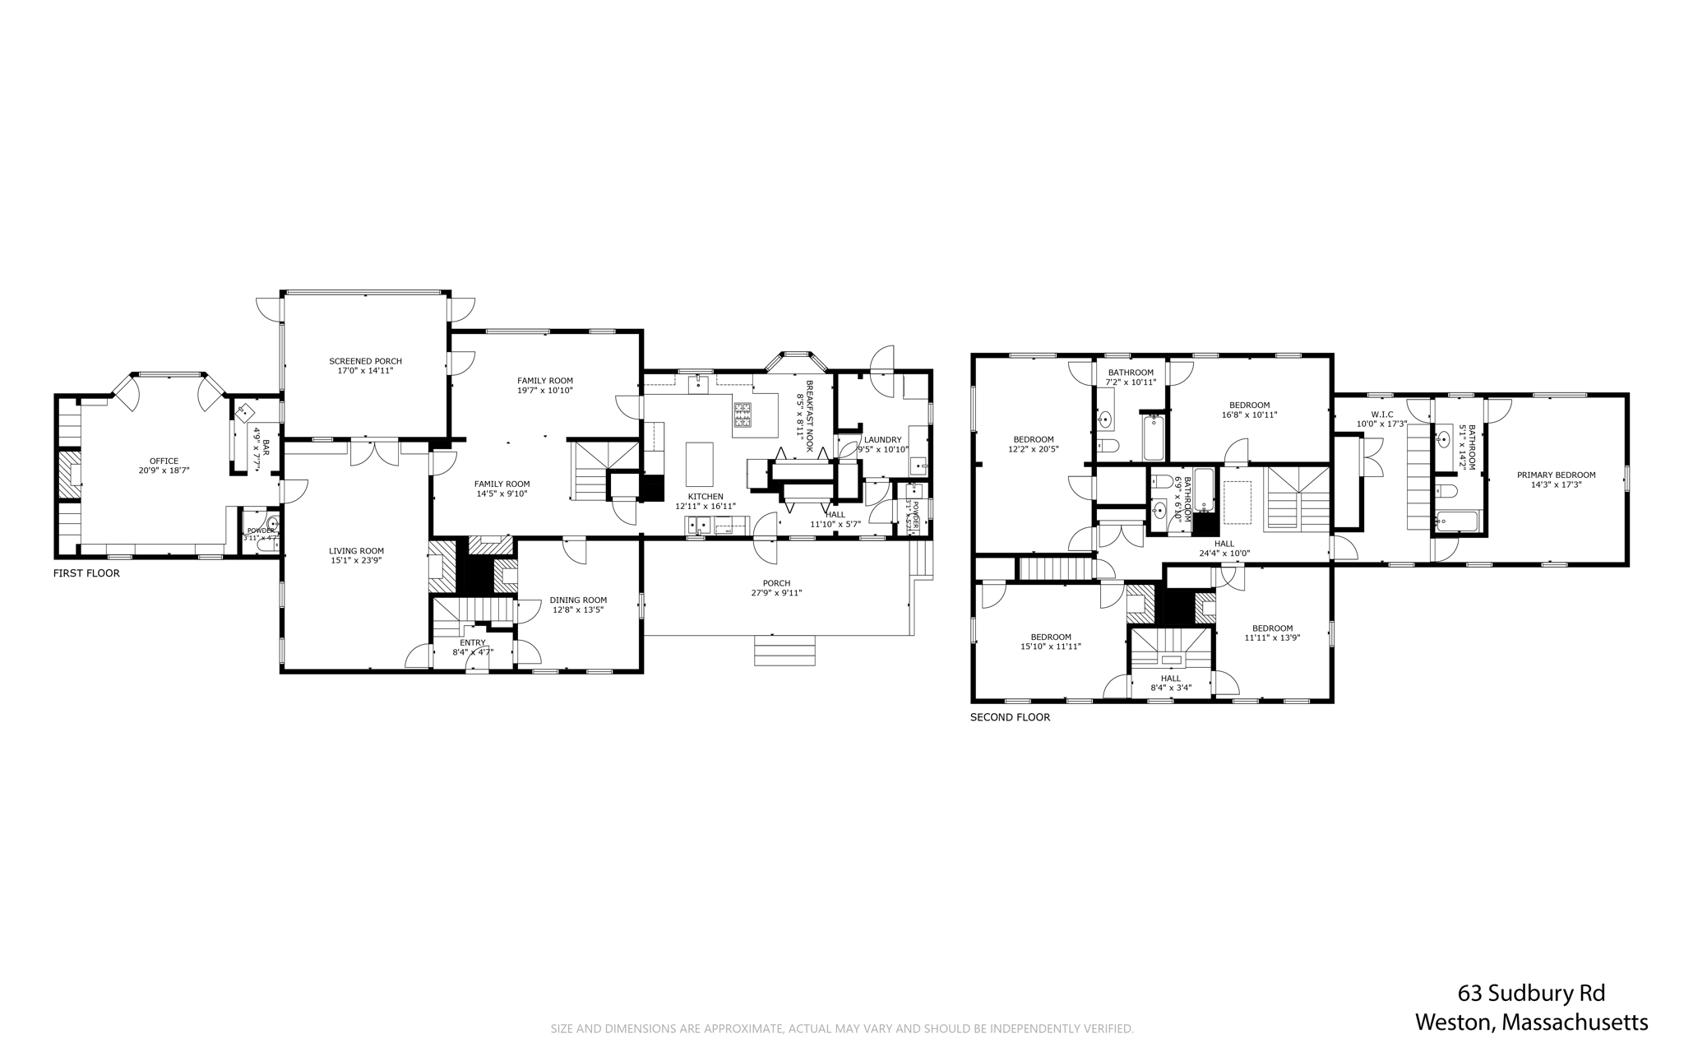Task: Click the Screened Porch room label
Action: pos(365,361)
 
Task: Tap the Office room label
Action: pos(164,461)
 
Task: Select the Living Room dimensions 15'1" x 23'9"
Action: pos(356,560)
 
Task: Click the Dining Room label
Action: pos(578,600)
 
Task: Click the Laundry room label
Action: pos(882,439)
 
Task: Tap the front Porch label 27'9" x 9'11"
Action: pos(776,592)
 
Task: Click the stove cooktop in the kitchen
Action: pos(743,415)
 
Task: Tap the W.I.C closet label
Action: pos(1381,414)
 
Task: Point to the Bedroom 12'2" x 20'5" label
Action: pos(1033,439)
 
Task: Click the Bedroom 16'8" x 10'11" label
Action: pos(1249,405)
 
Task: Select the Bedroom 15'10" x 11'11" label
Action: pos(1051,637)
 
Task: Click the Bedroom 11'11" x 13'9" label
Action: pos(1272,628)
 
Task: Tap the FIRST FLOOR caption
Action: pos(86,573)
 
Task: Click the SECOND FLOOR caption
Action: pos(1010,717)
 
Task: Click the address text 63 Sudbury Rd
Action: pos(1531,993)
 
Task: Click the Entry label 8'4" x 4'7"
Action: pos(473,642)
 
